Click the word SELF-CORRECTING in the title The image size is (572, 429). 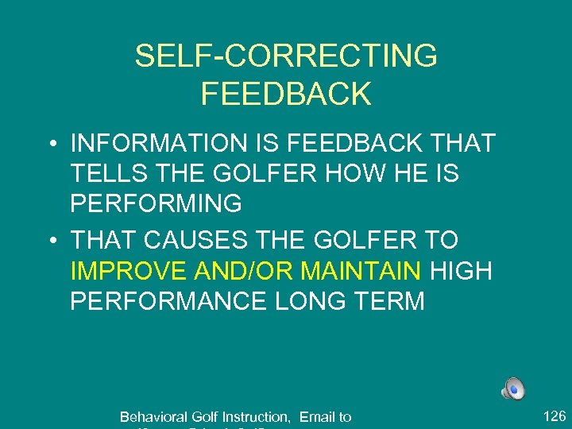click(x=286, y=56)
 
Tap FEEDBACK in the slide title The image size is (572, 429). click(x=286, y=94)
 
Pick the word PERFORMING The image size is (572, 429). click(x=157, y=203)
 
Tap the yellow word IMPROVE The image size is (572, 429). click(x=129, y=271)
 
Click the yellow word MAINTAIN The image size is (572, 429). click(x=361, y=271)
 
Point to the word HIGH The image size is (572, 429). click(x=461, y=271)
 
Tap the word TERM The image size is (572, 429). click(x=388, y=301)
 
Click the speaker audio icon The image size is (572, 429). click(x=513, y=388)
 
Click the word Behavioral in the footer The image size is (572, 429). click(x=154, y=417)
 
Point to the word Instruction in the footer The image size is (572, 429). click(x=256, y=417)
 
